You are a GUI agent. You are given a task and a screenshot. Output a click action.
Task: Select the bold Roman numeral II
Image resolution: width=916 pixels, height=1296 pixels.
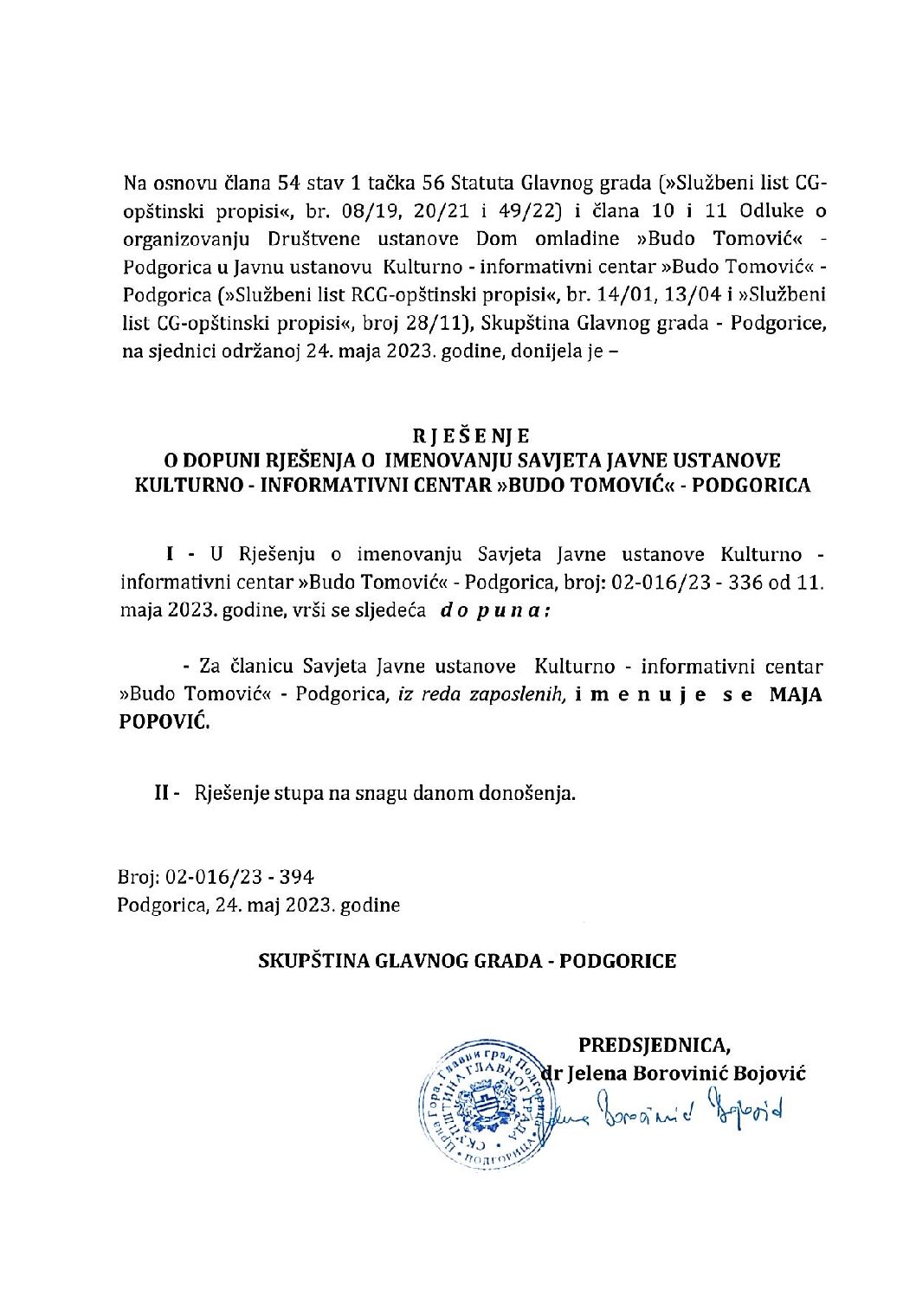[x=161, y=793]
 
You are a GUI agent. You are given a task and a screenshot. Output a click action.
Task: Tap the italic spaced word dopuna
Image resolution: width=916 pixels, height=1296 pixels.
[x=494, y=609]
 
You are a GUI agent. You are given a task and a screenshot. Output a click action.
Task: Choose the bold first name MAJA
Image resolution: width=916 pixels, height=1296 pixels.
[x=796, y=695]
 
